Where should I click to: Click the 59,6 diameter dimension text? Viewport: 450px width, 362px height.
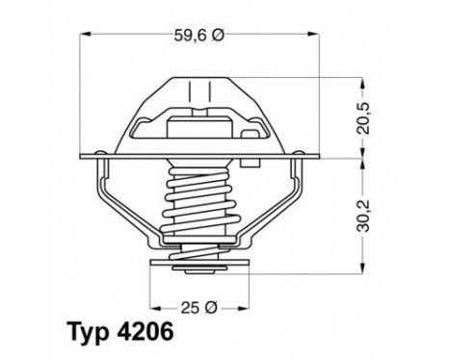click(191, 36)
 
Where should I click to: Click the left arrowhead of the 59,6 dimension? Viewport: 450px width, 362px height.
click(82, 36)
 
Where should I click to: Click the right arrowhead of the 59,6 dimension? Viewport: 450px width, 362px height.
click(318, 36)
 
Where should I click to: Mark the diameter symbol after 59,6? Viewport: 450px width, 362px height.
click(218, 36)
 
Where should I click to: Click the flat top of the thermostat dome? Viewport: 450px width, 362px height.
click(200, 78)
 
